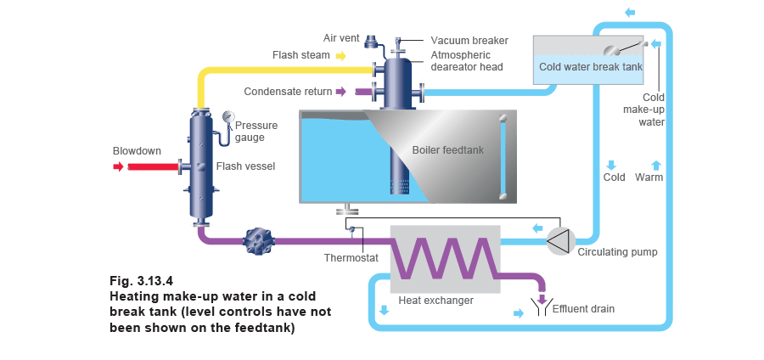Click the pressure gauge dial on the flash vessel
[228, 116]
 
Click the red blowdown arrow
[118, 166]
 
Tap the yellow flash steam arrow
[340, 56]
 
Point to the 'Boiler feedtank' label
[447, 150]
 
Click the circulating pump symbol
[559, 241]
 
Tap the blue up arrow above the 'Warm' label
[654, 165]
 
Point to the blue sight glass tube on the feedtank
[503, 157]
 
